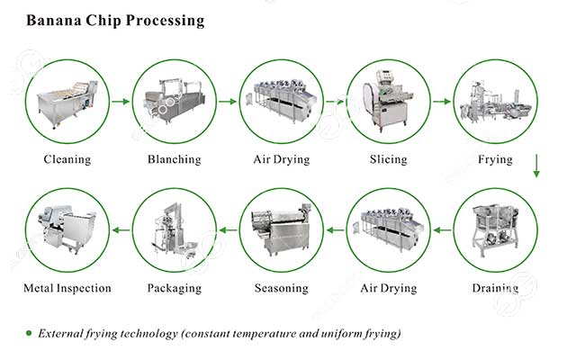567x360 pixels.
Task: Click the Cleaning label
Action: (x=67, y=159)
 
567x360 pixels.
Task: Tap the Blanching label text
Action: (x=174, y=159)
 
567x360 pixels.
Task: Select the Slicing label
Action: (x=388, y=159)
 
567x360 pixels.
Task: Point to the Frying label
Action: (x=495, y=159)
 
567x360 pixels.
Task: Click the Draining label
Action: (x=495, y=288)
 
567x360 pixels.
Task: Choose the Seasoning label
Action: (x=281, y=288)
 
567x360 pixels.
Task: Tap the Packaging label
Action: (x=174, y=288)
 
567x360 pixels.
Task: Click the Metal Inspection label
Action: (x=67, y=288)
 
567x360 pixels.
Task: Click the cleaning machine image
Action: (x=67, y=101)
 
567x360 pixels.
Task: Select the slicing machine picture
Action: (x=388, y=101)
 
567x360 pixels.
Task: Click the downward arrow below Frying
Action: (x=536, y=166)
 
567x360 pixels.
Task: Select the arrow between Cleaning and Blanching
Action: (x=120, y=102)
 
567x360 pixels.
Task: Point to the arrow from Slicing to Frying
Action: (x=441, y=102)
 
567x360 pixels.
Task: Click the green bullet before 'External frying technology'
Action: (x=28, y=333)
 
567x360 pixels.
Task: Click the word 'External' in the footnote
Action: (x=62, y=333)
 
